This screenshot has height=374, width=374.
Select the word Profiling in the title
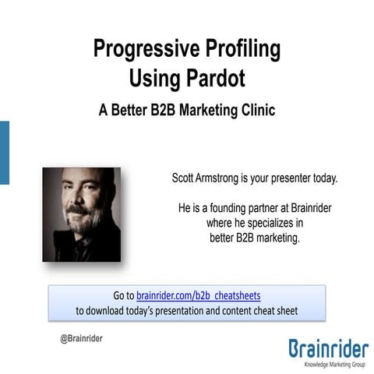tap(242, 50)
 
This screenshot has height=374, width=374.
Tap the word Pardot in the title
tap(215, 78)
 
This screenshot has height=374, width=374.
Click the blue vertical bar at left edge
tap(4, 152)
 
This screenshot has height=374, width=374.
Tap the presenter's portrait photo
tap(81, 213)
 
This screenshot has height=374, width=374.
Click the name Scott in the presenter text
tap(184, 178)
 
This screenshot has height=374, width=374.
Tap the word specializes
tap(269, 224)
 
